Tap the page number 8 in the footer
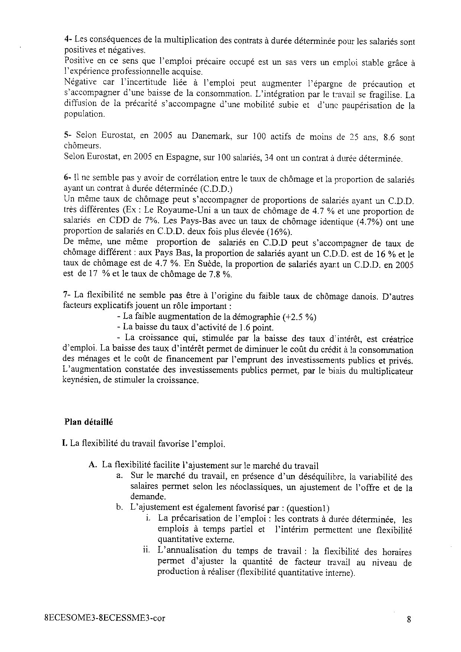[x=409, y=619]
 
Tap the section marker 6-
[x=68, y=179]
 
